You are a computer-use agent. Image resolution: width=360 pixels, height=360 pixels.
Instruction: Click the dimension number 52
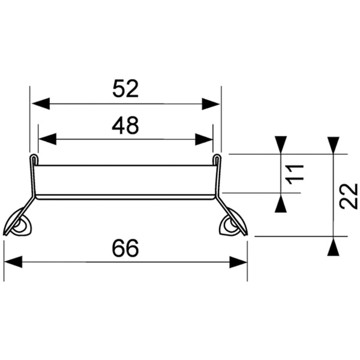point(125,89)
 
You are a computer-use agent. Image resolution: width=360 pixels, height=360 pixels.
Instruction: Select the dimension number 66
point(125,248)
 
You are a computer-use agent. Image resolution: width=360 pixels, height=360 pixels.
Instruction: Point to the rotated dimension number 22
point(348,196)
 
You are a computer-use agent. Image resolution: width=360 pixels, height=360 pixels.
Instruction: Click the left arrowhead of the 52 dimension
point(40,104)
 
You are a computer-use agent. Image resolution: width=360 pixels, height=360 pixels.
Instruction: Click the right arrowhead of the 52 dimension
point(211,104)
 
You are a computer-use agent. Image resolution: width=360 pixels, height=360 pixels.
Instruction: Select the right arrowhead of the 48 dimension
point(204,139)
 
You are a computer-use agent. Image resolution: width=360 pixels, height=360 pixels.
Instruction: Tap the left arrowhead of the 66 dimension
point(13,262)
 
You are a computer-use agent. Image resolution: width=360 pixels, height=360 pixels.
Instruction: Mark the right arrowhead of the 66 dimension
point(238,262)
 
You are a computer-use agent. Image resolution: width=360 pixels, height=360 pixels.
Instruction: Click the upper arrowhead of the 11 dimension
point(281,145)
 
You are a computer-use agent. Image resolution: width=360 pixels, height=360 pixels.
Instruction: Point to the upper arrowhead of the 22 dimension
point(334,145)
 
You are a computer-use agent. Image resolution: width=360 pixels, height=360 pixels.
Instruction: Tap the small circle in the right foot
point(229,226)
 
